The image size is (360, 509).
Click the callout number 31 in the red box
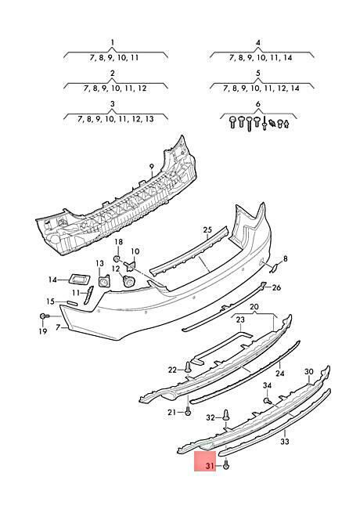210,466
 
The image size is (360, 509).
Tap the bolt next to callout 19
44,316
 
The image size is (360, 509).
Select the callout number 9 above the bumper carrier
152,167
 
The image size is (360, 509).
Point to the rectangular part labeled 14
78,279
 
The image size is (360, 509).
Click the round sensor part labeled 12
128,281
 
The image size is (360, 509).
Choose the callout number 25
207,230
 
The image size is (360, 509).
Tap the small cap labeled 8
274,268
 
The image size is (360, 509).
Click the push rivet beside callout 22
188,366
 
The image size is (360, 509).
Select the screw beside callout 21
188,412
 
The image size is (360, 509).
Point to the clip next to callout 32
226,415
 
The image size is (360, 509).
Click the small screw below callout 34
267,401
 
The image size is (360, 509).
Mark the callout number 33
285,442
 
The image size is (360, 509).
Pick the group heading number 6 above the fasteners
257,104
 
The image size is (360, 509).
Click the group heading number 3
112,104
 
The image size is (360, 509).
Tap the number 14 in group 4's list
287,58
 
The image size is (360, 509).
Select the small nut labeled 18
117,258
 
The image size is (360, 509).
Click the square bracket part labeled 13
104,281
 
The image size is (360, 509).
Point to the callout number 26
276,287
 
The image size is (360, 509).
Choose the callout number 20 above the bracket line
254,307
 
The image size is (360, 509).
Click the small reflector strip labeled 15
72,303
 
